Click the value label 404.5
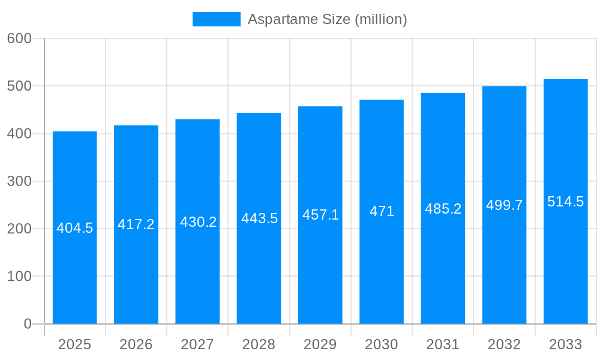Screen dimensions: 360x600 point(75,228)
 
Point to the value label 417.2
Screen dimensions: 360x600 point(136,224)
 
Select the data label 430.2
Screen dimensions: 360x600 point(198,222)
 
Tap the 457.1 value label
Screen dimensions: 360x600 point(320,215)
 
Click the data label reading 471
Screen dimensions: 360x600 point(382,211)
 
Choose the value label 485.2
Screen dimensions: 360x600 point(443,209)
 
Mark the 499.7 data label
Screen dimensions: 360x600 point(504,205)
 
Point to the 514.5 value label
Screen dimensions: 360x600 point(565,202)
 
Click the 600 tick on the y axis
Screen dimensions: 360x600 point(19,38)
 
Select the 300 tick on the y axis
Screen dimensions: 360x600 point(19,181)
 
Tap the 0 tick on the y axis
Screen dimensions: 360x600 point(28,324)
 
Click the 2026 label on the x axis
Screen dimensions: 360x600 point(136,344)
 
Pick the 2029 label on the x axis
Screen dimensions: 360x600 point(320,344)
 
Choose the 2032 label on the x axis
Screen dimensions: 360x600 point(504,344)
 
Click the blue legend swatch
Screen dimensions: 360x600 point(216,19)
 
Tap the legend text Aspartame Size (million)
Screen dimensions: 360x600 point(327,19)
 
